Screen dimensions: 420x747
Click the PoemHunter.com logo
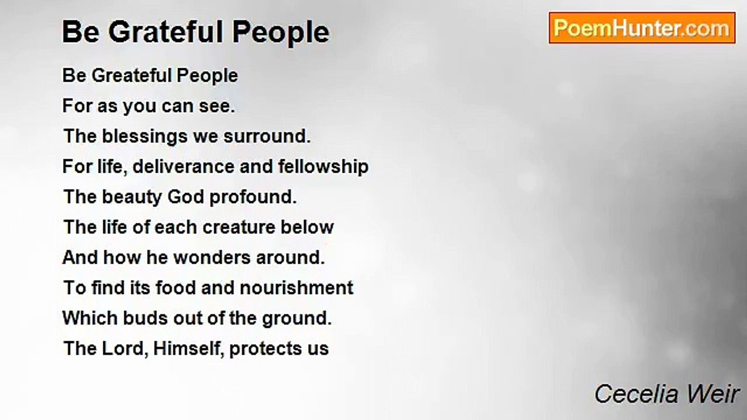(642, 28)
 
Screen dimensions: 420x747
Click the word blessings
(139, 136)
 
